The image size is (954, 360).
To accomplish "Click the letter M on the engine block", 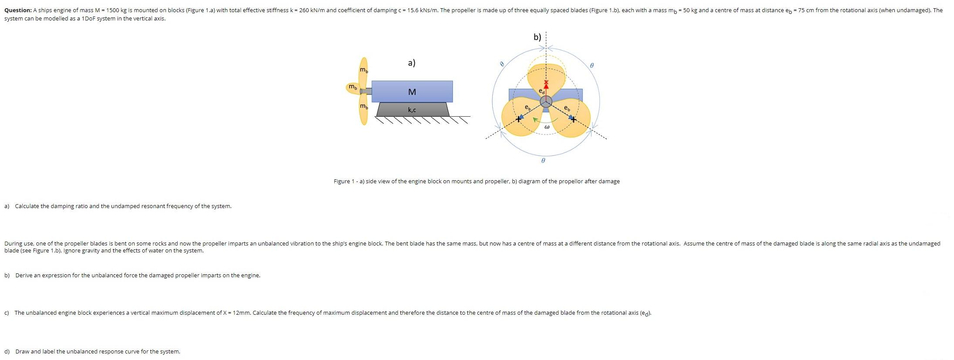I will point(412,92).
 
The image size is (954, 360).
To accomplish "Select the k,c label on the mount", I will point(412,110).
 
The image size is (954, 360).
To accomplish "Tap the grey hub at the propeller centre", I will point(546,101).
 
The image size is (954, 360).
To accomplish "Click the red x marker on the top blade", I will point(546,82).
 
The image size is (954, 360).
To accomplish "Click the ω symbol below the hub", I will point(547,127).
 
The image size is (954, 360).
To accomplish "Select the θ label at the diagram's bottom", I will point(543,161).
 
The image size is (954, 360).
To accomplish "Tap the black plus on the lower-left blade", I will point(518,118).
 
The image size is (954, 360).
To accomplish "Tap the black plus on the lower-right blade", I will point(574,119).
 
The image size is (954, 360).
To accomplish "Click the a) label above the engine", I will point(411,63).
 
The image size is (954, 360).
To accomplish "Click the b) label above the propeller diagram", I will point(537,37).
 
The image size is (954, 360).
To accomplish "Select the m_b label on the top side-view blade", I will point(363,70).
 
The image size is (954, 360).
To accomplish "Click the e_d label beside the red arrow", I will point(541,91).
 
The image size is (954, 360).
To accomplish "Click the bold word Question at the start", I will point(17,10).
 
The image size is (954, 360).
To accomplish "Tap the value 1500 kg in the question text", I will point(115,10).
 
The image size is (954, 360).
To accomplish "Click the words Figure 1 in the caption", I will point(343,182).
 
